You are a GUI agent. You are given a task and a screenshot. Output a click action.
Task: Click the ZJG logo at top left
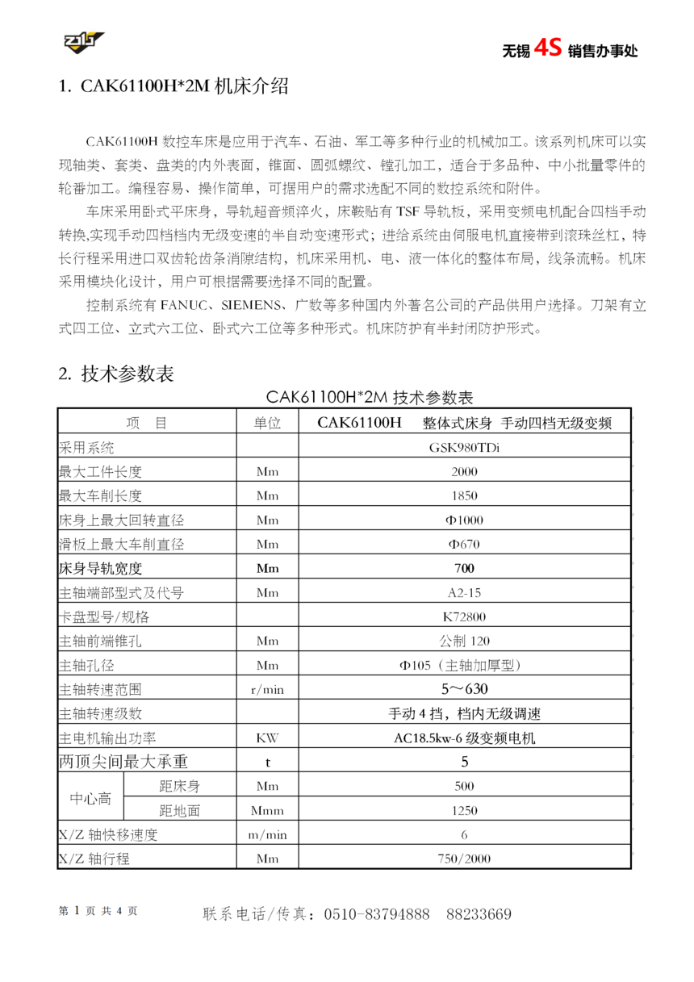click(x=85, y=41)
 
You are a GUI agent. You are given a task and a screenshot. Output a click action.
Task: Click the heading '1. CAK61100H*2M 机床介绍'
click(x=173, y=87)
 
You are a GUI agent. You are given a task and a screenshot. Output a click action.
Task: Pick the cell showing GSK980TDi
click(x=464, y=448)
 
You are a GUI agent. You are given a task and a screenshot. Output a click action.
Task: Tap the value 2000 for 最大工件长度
click(x=464, y=472)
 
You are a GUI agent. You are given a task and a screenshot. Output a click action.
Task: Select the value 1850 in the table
click(x=464, y=496)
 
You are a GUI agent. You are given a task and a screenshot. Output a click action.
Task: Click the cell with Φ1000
click(x=464, y=520)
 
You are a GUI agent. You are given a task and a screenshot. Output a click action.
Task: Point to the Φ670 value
click(x=464, y=545)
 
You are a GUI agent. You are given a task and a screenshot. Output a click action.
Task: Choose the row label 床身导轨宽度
click(x=100, y=569)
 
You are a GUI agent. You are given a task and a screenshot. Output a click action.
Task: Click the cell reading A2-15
click(x=464, y=593)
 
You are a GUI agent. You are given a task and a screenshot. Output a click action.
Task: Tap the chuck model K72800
click(x=464, y=617)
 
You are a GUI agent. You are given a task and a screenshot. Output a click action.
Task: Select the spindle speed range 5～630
click(x=464, y=690)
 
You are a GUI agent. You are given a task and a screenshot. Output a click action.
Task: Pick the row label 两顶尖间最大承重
click(x=123, y=762)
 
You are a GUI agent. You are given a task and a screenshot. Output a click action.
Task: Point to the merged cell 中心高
click(x=90, y=799)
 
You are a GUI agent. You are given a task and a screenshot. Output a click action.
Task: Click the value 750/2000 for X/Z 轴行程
click(x=464, y=859)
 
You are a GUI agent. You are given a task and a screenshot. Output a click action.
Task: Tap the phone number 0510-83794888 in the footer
click(x=377, y=914)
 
